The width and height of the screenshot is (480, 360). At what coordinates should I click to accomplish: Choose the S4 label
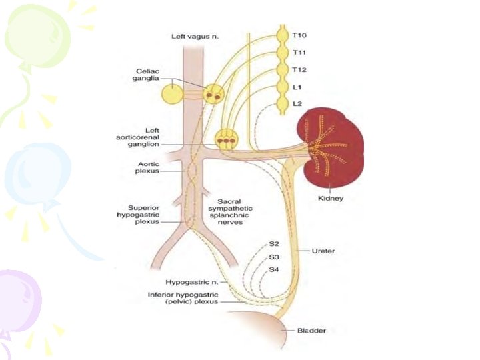click(x=275, y=270)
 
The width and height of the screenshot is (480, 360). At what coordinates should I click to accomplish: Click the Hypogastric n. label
click(x=193, y=282)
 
